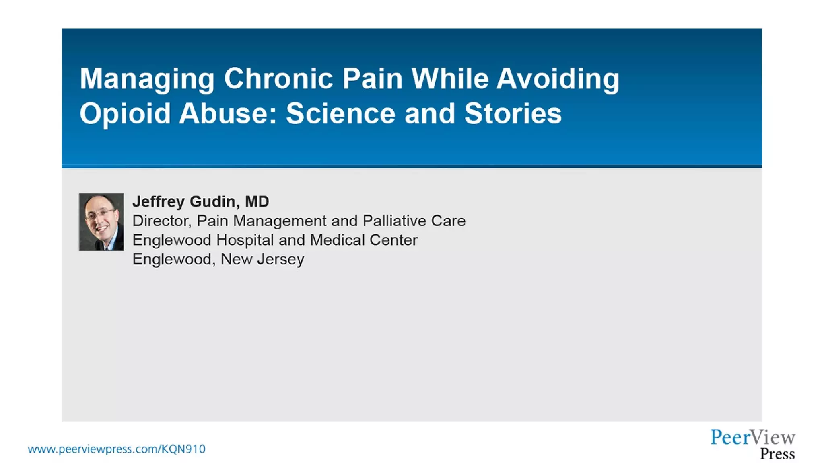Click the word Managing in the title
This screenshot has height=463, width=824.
click(147, 79)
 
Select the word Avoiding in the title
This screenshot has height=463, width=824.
click(558, 79)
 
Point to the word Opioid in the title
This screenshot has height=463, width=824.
click(125, 114)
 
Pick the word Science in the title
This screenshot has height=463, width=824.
click(340, 113)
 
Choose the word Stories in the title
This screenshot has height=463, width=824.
click(513, 113)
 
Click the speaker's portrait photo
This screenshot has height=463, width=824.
click(101, 222)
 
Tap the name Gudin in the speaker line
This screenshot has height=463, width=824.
click(212, 201)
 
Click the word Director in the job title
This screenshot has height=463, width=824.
click(161, 221)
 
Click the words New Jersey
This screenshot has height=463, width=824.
click(262, 259)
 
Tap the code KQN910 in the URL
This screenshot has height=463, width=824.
click(183, 449)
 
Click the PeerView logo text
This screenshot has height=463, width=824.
click(752, 437)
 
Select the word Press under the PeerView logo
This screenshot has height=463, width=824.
click(777, 454)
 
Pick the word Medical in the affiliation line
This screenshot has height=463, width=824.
click(337, 240)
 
